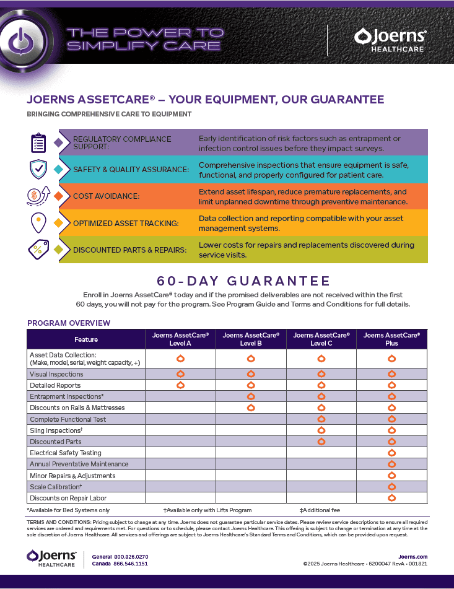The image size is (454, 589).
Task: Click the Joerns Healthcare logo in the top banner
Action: pyautogui.click(x=390, y=40)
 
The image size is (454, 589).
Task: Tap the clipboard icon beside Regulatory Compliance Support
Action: pyautogui.click(x=38, y=142)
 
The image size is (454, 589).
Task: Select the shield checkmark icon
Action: pyautogui.click(x=38, y=169)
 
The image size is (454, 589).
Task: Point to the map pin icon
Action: pyautogui.click(x=38, y=222)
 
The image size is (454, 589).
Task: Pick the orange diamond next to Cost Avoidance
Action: pyautogui.click(x=59, y=196)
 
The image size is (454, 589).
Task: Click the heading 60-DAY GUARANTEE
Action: pyautogui.click(x=243, y=281)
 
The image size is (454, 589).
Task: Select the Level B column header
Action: pyautogui.click(x=251, y=339)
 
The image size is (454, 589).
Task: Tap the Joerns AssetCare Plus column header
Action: pyautogui.click(x=391, y=339)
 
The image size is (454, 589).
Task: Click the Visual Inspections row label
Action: pyautogui.click(x=56, y=374)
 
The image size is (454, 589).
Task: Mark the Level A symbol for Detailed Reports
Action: pyautogui.click(x=180, y=385)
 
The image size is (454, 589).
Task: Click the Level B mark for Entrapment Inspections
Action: pyautogui.click(x=251, y=396)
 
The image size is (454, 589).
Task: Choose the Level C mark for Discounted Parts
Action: pyautogui.click(x=321, y=442)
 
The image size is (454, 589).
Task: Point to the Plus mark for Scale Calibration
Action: pyautogui.click(x=391, y=487)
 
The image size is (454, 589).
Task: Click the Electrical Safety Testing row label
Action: pyautogui.click(x=65, y=453)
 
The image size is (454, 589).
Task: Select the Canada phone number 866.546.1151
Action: pyautogui.click(x=131, y=564)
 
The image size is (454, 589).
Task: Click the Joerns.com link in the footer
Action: pyautogui.click(x=413, y=557)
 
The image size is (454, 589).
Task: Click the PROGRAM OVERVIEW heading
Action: pyautogui.click(x=69, y=323)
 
